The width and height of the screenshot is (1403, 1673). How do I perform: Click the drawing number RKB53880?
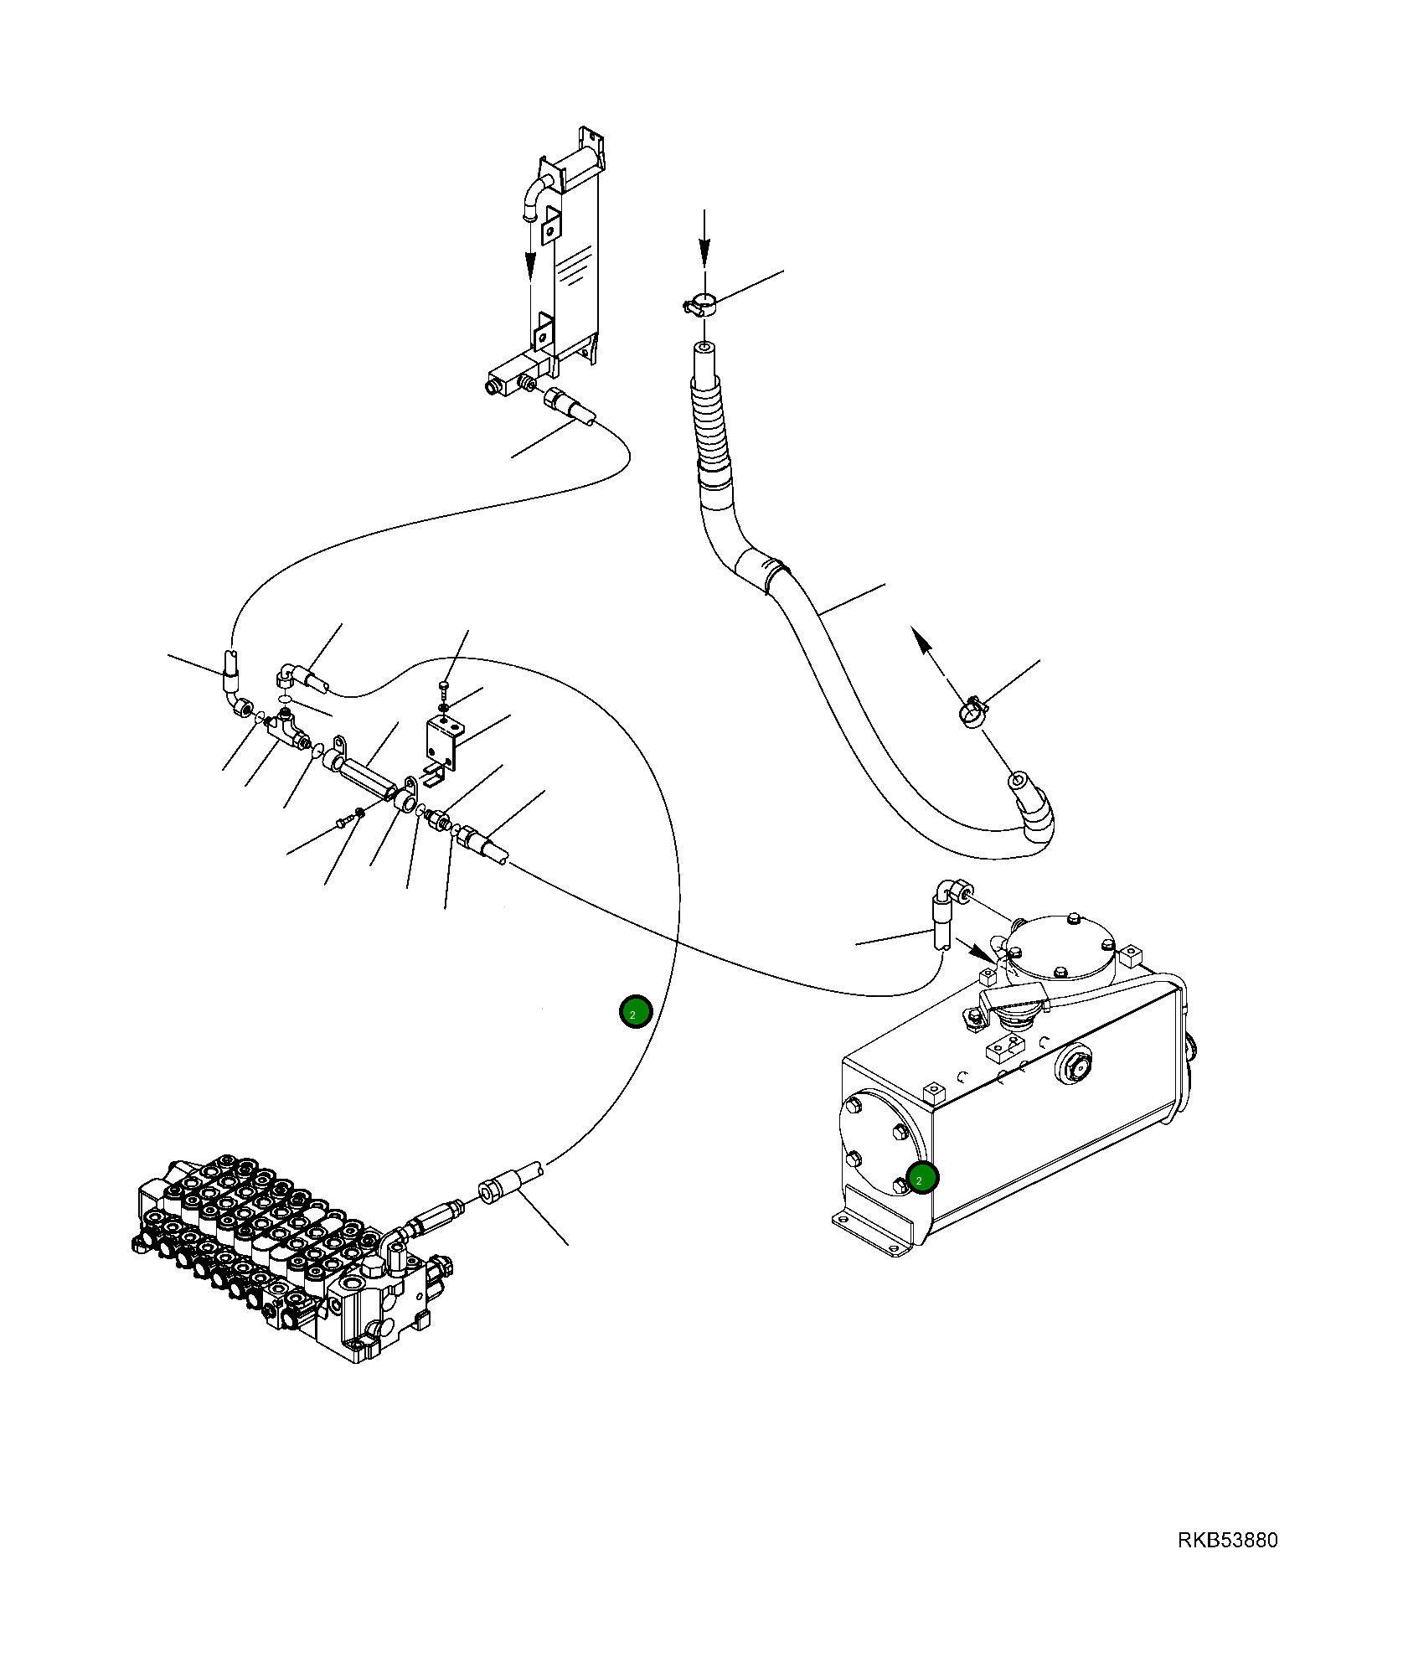coord(1227,1540)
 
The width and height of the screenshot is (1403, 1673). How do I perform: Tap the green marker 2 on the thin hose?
coord(635,1012)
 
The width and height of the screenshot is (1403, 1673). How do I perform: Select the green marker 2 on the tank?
coord(922,1178)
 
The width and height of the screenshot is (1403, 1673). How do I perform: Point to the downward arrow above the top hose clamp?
coord(704,239)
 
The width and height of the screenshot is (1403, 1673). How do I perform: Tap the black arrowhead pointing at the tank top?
coord(981,953)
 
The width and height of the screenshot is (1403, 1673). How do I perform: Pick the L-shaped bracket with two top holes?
coord(443,741)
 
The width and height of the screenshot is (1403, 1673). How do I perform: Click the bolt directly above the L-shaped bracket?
coord(444,688)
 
